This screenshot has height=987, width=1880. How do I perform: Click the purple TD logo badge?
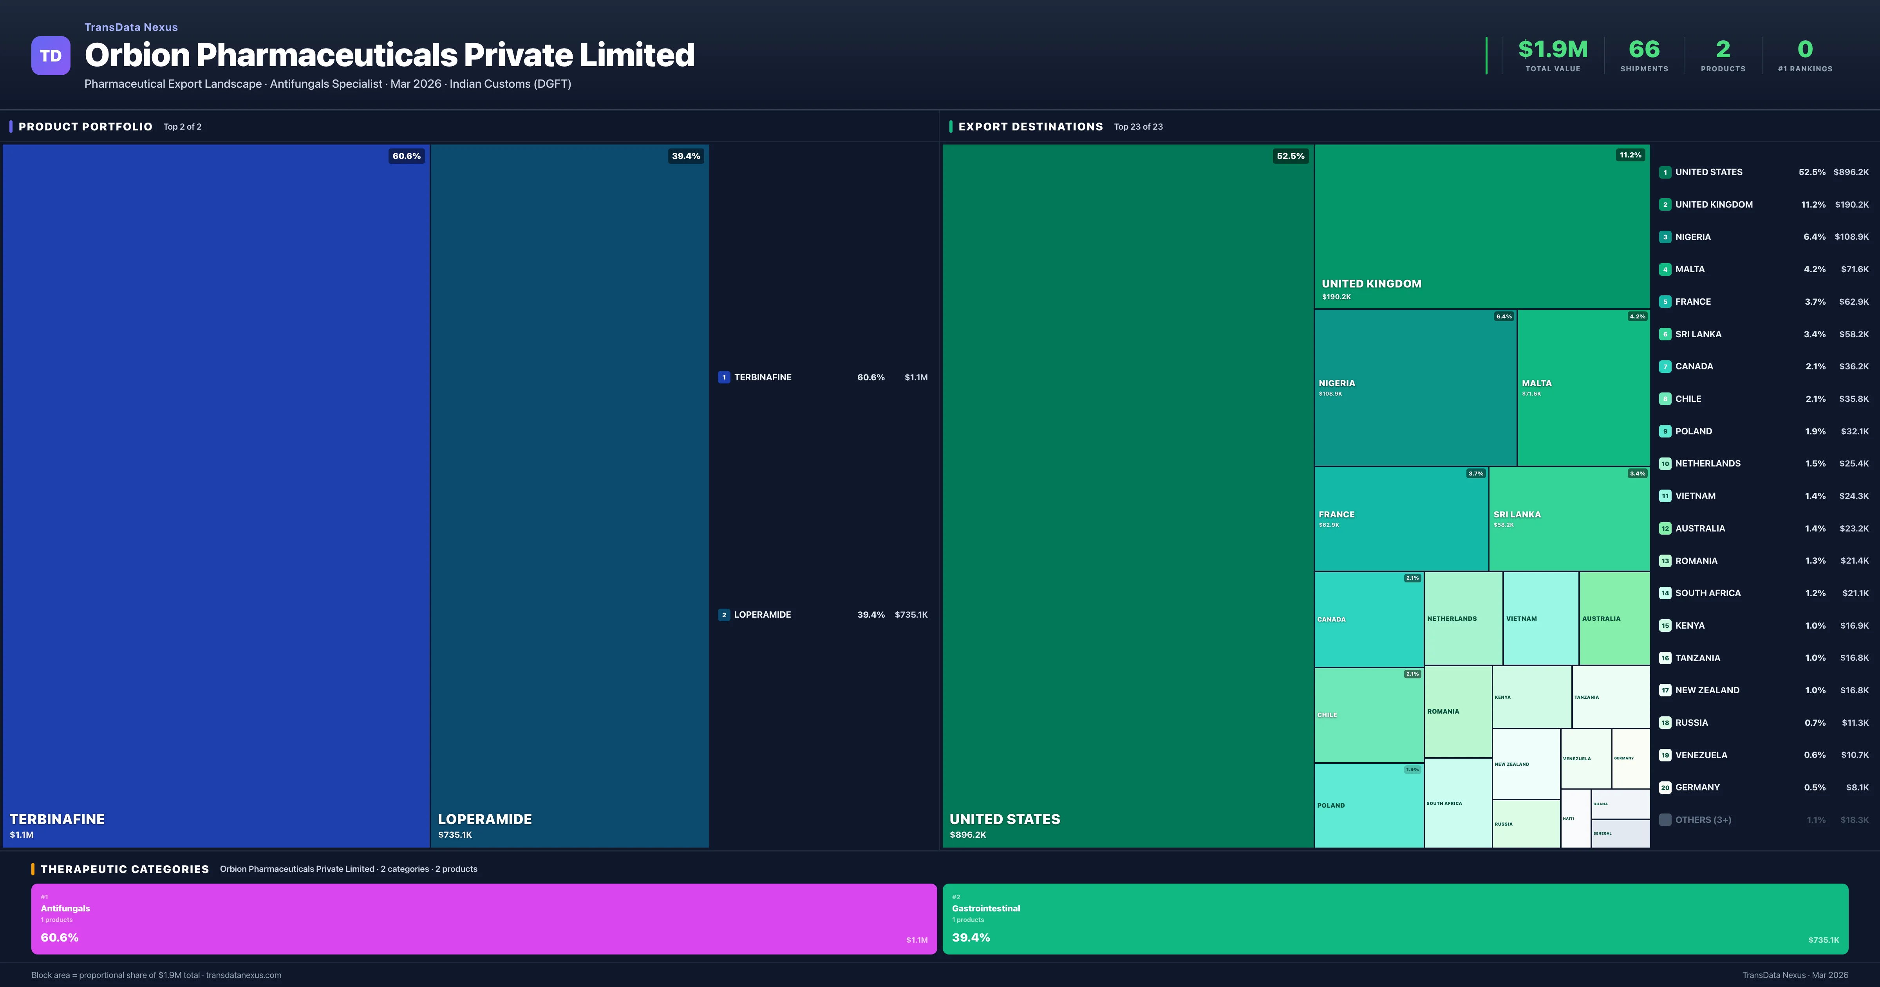point(51,56)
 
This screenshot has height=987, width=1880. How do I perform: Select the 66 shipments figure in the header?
point(1643,49)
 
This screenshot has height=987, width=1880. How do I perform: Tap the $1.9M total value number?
point(1552,49)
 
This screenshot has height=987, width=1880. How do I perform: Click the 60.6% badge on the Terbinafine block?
point(407,155)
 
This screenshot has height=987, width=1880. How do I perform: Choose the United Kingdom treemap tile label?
point(1371,283)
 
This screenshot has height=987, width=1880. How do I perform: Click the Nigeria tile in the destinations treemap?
point(1414,387)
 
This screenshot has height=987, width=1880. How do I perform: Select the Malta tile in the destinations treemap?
point(1582,387)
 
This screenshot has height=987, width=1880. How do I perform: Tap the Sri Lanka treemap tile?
point(1568,518)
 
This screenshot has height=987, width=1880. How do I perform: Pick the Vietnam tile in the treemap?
point(1540,618)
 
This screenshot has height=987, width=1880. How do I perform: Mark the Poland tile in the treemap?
point(1368,805)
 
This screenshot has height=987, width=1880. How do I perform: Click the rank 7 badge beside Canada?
point(1665,367)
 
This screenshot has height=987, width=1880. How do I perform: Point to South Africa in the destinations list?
point(1708,593)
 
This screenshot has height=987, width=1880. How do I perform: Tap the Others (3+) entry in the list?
point(1703,820)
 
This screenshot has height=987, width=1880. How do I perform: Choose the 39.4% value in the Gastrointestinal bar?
point(971,937)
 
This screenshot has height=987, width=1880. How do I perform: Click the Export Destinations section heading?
point(1030,126)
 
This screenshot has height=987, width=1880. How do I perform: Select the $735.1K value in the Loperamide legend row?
point(911,615)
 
